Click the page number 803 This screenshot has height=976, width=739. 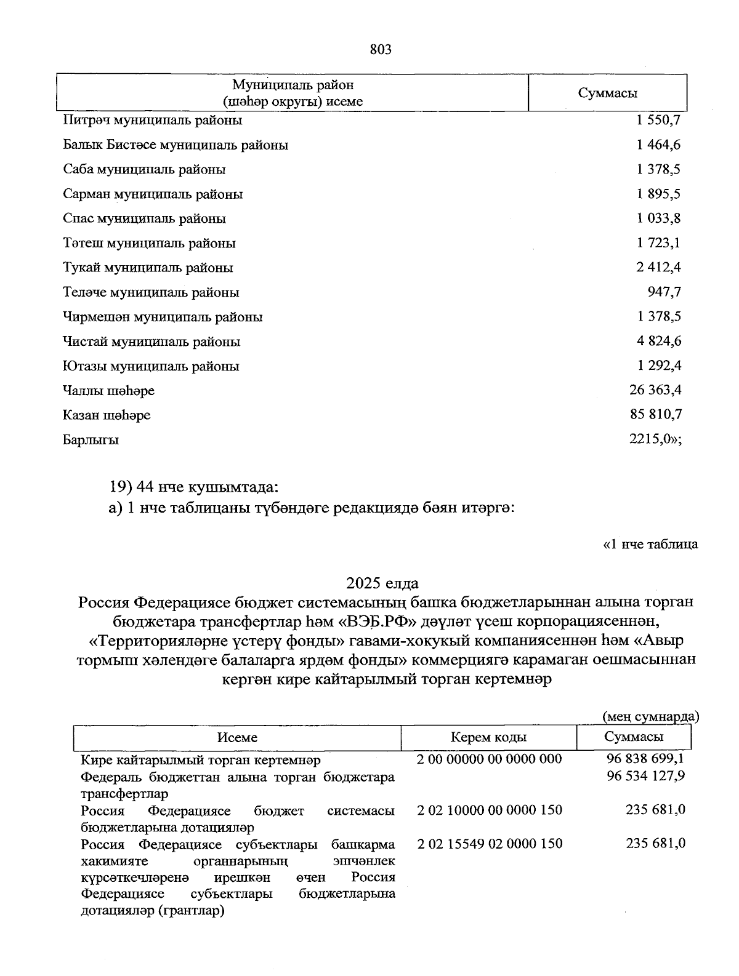tap(381, 50)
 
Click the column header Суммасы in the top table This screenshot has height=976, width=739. tap(607, 93)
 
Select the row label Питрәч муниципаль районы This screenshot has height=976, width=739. tap(152, 120)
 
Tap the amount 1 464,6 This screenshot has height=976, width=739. tap(659, 145)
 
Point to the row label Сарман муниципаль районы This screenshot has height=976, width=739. tap(153, 194)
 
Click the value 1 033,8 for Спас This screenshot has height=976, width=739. tap(659, 218)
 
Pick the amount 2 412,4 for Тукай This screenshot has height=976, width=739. tap(659, 267)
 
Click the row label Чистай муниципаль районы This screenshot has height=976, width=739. tap(151, 342)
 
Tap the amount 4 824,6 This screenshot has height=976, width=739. tap(659, 341)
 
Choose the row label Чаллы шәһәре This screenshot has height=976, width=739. tap(108, 391)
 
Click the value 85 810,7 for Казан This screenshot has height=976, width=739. tap(656, 415)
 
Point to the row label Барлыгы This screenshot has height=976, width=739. tap(91, 440)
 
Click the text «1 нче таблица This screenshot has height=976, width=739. tap(650, 544)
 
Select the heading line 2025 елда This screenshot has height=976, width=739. tap(382, 582)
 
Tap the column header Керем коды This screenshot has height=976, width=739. tap(488, 737)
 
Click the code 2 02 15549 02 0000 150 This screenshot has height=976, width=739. tap(490, 843)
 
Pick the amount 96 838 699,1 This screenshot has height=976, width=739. tap(645, 759)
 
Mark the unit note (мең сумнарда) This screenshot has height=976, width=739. tap(650, 716)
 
